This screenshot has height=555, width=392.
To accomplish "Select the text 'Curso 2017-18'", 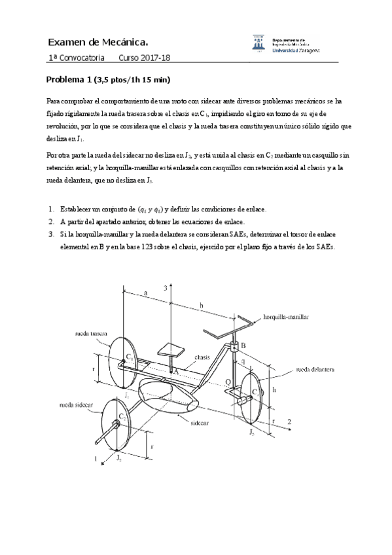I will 145,58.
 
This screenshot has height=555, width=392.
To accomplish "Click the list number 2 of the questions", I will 51,221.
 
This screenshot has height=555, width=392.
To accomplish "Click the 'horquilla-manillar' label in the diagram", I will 285,316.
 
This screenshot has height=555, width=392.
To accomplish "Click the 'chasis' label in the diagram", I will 202,357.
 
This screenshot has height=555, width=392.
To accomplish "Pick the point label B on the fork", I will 243,345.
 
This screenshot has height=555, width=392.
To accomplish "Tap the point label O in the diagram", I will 227,381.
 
